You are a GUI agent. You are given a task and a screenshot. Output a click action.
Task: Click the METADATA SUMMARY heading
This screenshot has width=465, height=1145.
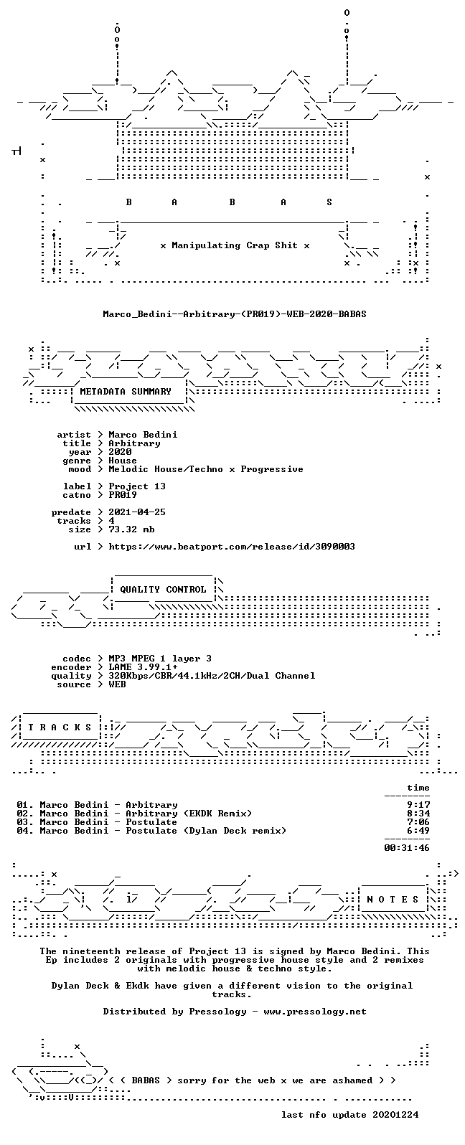click(126, 392)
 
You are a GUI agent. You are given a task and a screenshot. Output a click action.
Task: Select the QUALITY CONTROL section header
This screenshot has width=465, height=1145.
click(163, 590)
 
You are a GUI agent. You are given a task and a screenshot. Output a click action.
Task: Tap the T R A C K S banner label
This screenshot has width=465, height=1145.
click(60, 727)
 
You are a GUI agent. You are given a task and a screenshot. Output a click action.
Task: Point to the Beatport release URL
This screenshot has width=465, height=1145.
click(232, 547)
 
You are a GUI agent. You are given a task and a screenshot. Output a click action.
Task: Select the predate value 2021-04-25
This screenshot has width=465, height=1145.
click(137, 512)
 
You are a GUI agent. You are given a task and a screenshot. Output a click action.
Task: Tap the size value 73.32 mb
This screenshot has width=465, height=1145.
click(131, 529)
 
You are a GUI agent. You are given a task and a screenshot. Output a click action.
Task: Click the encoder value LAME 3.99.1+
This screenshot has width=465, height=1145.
click(144, 667)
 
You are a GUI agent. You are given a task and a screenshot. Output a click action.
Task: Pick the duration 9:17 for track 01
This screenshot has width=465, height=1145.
click(418, 805)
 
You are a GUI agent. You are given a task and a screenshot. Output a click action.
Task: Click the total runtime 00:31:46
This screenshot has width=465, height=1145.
click(407, 848)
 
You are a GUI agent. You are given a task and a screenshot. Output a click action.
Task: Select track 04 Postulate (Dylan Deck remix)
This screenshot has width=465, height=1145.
click(151, 831)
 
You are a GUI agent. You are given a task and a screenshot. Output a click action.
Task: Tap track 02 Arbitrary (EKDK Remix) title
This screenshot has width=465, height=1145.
click(189, 814)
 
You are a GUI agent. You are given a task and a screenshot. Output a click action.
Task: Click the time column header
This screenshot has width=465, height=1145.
click(418, 788)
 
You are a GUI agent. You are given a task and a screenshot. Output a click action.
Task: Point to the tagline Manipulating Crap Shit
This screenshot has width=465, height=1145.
click(235, 245)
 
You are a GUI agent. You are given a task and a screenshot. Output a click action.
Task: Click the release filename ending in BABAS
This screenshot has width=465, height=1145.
click(235, 314)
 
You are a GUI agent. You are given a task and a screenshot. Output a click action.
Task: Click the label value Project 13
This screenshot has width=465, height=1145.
click(137, 486)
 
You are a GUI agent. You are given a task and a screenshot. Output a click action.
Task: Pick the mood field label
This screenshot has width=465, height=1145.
click(80, 469)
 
